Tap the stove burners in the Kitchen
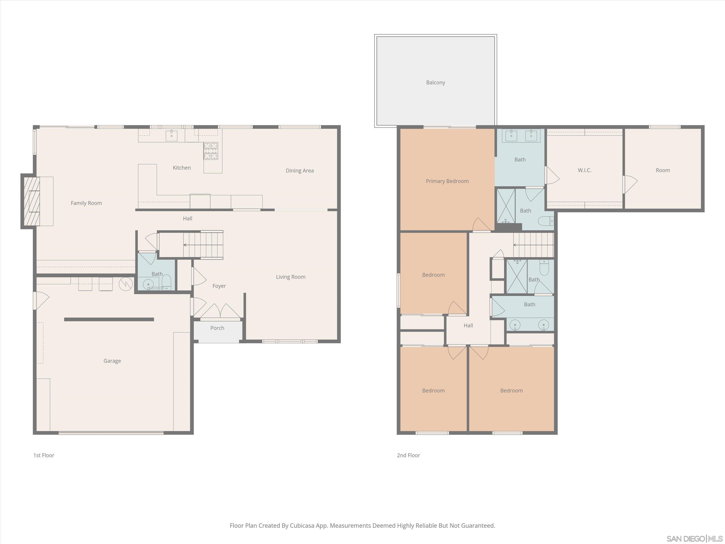tap(211, 151)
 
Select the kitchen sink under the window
tap(171, 135)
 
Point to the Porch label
tap(217, 328)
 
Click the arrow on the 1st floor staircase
tap(185, 245)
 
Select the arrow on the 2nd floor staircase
tap(515, 245)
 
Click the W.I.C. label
tap(584, 170)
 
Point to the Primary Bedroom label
tap(447, 181)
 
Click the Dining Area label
tap(300, 170)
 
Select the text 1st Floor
tap(43, 455)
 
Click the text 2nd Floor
tap(408, 455)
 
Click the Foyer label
tap(219, 286)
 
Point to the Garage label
tap(112, 361)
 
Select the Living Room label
tap(290, 277)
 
